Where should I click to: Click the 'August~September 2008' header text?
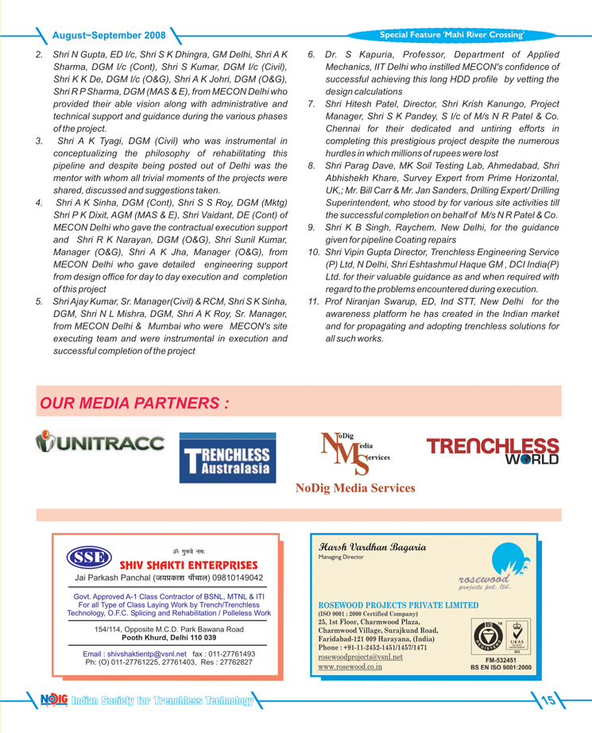[109, 36]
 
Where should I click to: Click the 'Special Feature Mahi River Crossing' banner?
[452, 35]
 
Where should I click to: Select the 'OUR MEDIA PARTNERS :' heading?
[135, 403]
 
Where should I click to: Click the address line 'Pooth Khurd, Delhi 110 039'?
[168, 637]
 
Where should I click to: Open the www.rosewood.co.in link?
[350, 667]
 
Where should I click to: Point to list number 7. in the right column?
[312, 105]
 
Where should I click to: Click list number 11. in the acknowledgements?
[314, 302]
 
